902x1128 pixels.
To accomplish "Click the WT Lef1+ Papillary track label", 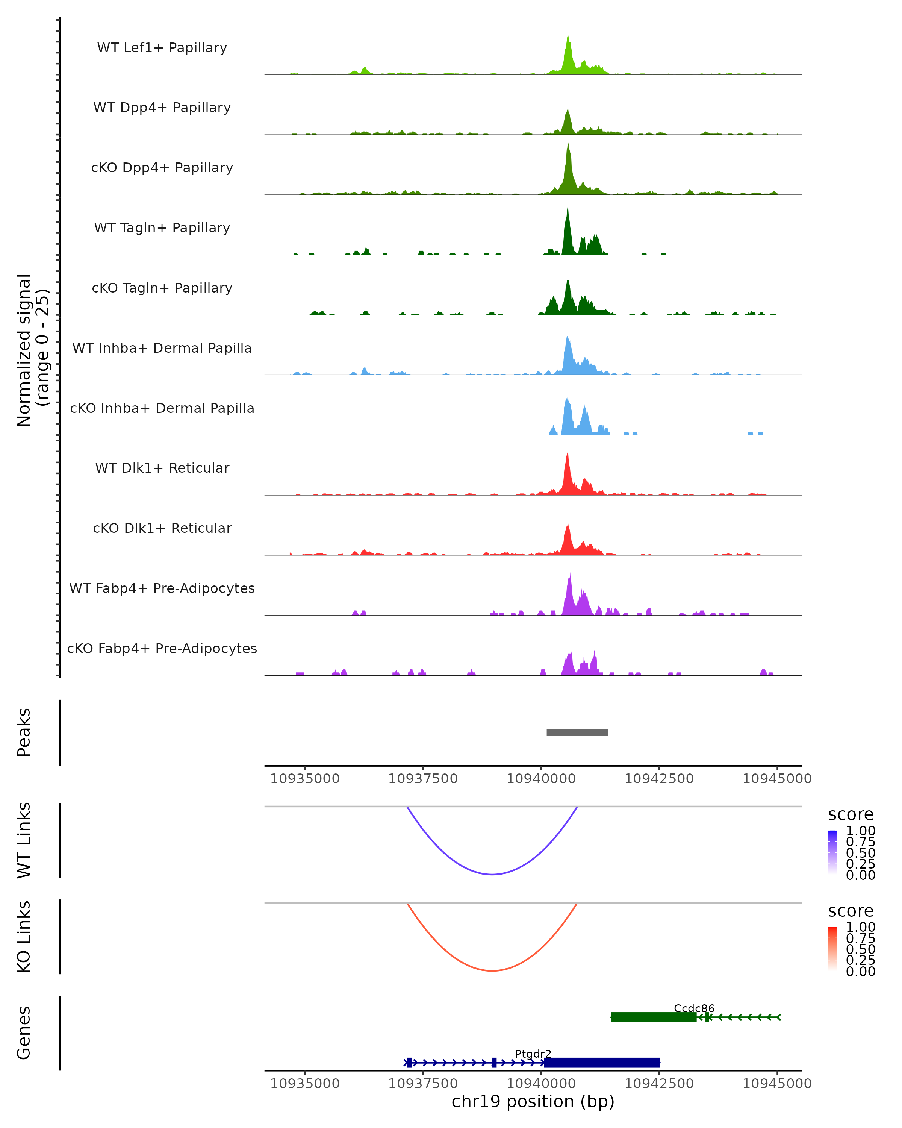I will [162, 48].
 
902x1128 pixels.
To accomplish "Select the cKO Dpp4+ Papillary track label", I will [162, 167].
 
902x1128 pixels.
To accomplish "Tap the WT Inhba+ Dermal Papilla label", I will [162, 348].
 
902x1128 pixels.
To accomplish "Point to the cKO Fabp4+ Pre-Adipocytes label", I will [162, 648].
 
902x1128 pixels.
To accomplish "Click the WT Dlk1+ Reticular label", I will [162, 468].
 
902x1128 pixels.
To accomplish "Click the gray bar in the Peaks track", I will [577, 732].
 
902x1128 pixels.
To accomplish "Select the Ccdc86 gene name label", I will [694, 1008].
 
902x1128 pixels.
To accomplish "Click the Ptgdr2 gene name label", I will [533, 1054].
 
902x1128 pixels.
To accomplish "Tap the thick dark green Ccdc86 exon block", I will [653, 1017].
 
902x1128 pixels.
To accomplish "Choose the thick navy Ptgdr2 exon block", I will [601, 1063].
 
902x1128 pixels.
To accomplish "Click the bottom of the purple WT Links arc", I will [492, 874].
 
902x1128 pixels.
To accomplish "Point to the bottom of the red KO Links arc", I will [492, 970].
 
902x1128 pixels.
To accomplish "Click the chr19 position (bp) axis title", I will [533, 1101].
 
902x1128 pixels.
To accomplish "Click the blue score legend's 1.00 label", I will [861, 830].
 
